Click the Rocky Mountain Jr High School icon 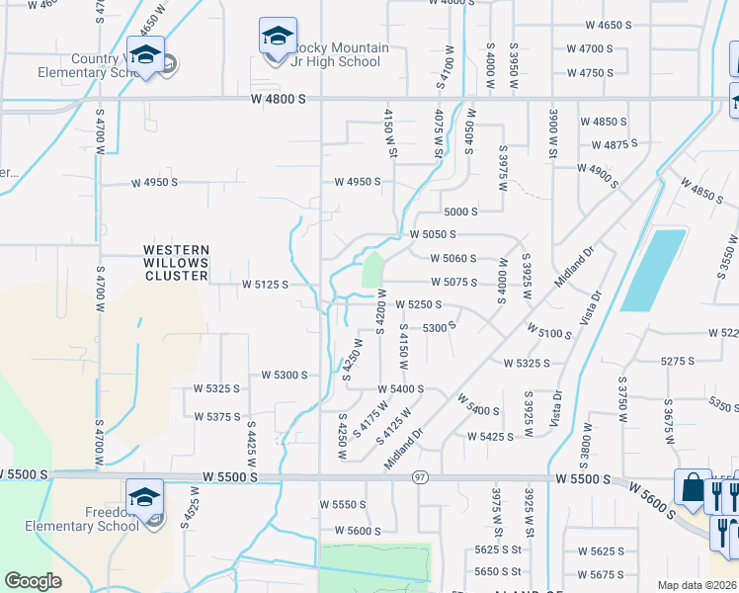tap(278, 37)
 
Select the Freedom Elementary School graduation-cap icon tap(144, 496)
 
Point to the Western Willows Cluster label tap(176, 263)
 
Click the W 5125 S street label tap(265, 284)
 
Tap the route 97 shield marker tap(419, 477)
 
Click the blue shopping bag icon tap(693, 488)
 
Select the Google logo tap(33, 581)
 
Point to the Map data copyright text tap(697, 585)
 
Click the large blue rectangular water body tap(653, 270)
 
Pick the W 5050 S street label tap(433, 235)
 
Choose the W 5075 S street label tap(454, 282)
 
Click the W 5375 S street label tap(217, 417)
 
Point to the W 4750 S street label tap(590, 73)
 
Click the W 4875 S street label tap(603, 145)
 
